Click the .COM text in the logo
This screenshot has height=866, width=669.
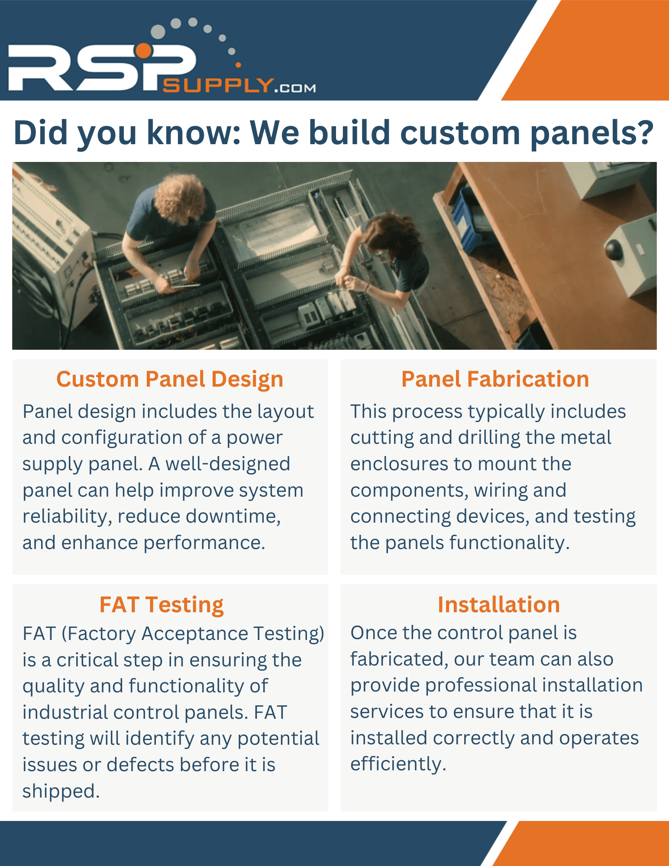(295, 88)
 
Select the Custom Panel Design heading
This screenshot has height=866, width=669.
(170, 379)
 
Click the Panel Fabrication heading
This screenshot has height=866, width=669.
(495, 379)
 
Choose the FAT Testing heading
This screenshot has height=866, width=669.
(162, 604)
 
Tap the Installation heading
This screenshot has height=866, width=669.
(499, 604)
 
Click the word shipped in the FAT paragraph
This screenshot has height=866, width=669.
(61, 792)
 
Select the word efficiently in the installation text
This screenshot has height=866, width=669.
(398, 764)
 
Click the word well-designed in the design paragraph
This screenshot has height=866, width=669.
(228, 465)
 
